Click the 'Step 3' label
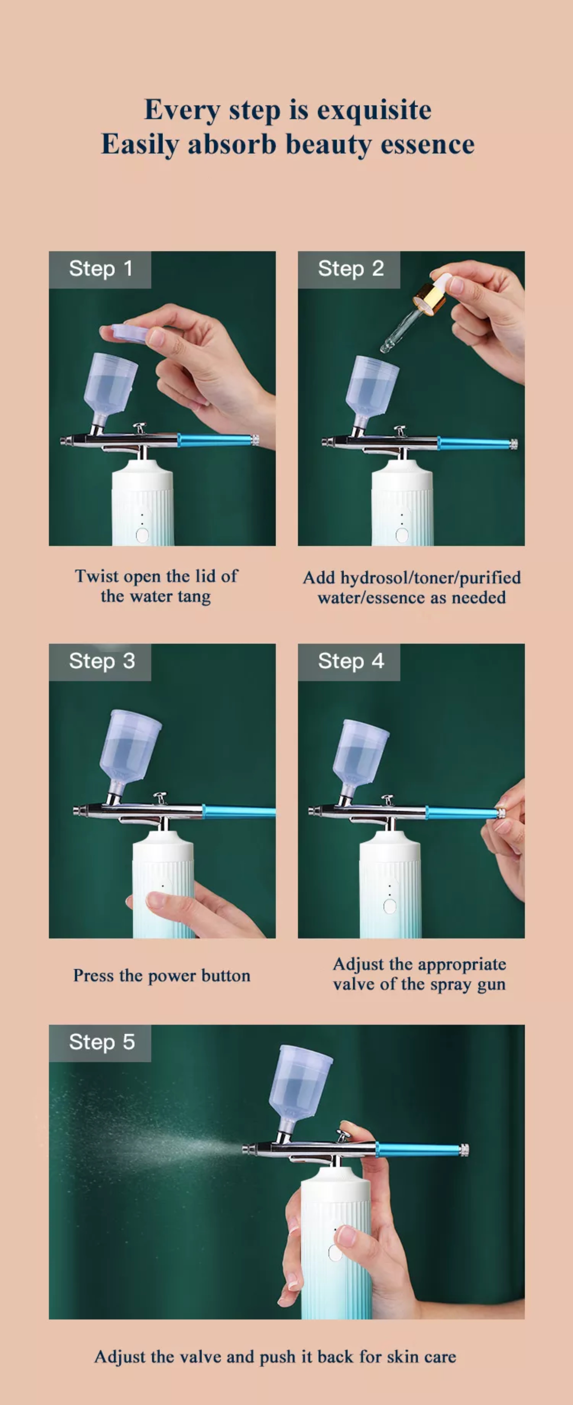[101, 661]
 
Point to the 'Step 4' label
[351, 661]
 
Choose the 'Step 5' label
[101, 1042]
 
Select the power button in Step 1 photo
[142, 534]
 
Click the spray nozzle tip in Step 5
[246, 1149]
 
